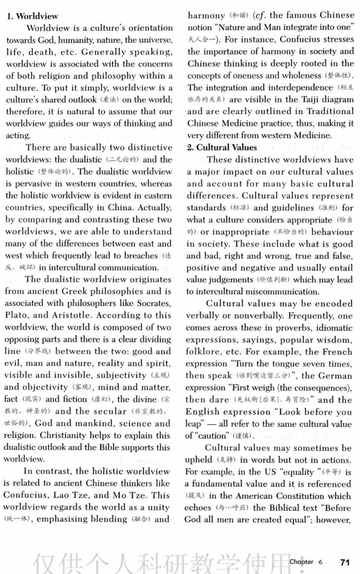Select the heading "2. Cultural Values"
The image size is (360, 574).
pyautogui.click(x=222, y=147)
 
